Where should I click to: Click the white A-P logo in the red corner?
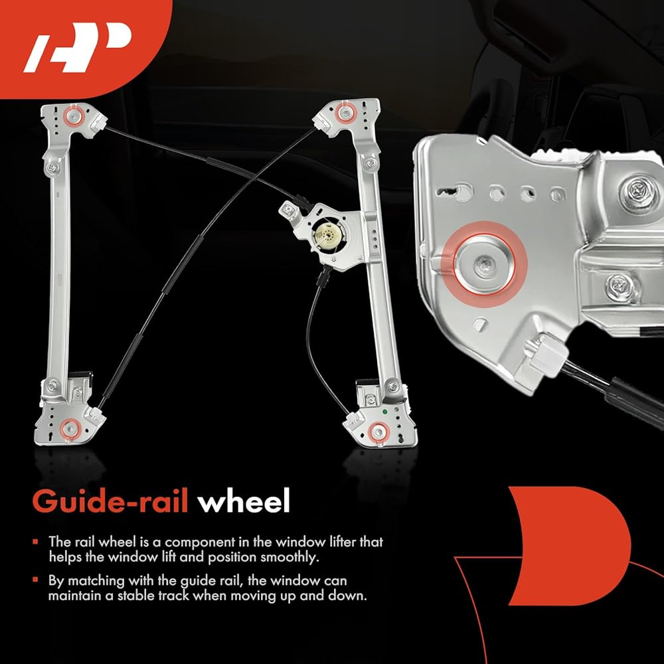pyautogui.click(x=78, y=46)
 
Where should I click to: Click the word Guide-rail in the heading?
pyautogui.click(x=110, y=501)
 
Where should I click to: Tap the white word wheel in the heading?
pyautogui.click(x=244, y=501)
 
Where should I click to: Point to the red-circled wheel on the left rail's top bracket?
pyautogui.click(x=73, y=115)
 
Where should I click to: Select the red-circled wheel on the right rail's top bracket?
pyautogui.click(x=346, y=114)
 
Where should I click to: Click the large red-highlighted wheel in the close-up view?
pyautogui.click(x=485, y=264)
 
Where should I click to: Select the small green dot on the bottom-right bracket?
pyautogui.click(x=385, y=412)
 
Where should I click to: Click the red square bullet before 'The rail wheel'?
pyautogui.click(x=35, y=542)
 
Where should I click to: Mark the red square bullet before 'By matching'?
pyautogui.click(x=35, y=580)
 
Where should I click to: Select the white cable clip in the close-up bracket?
pyautogui.click(x=546, y=355)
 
